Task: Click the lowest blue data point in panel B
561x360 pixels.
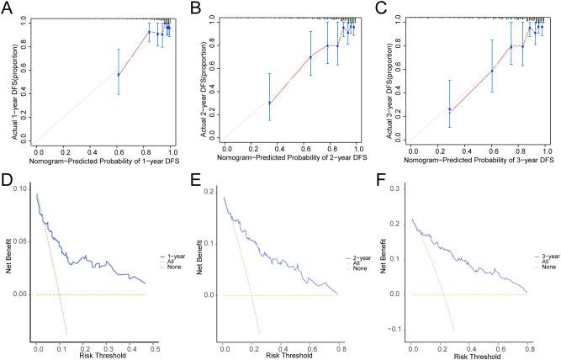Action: pyautogui.click(x=269, y=103)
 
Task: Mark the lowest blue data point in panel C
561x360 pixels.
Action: pyautogui.click(x=450, y=109)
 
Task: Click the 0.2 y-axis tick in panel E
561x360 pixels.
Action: pyautogui.click(x=210, y=193)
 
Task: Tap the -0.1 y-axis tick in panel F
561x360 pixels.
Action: pyautogui.click(x=395, y=329)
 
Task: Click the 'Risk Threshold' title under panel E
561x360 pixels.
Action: pyautogui.click(x=284, y=356)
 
